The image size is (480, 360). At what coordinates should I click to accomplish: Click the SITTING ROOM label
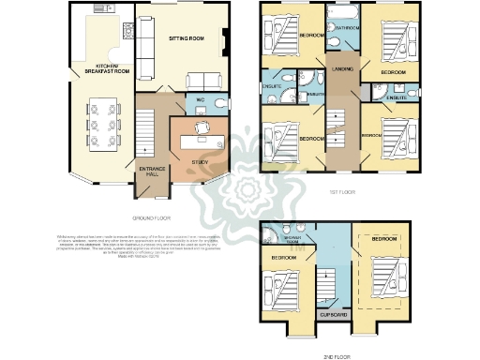(182, 39)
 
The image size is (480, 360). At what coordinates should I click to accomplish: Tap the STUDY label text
(198, 162)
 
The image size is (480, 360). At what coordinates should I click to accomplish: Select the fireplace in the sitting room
(225, 40)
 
